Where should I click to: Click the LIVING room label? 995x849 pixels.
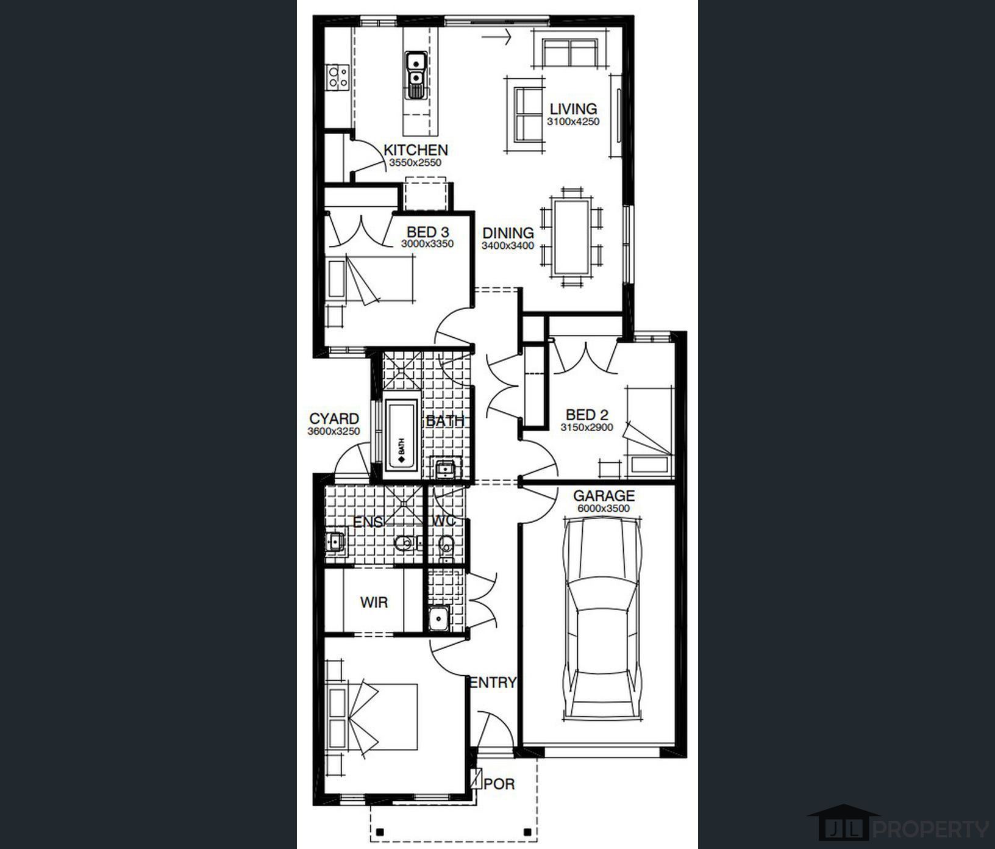(x=573, y=109)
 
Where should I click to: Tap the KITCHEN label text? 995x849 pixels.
(x=415, y=149)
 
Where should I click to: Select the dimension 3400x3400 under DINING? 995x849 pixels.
(x=508, y=246)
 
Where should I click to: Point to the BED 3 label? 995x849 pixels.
(x=427, y=232)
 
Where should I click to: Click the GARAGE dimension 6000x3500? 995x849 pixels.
(x=603, y=508)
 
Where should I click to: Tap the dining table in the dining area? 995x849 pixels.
(x=571, y=237)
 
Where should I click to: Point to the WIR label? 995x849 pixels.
(x=374, y=603)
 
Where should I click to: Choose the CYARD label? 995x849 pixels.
(x=334, y=419)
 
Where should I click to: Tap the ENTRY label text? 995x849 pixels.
(x=493, y=682)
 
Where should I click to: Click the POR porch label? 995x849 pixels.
(x=499, y=783)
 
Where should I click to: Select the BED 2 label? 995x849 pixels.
(x=587, y=415)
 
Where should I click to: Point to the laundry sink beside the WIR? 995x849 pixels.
(x=438, y=619)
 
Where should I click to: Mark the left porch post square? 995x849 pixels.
(x=380, y=832)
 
